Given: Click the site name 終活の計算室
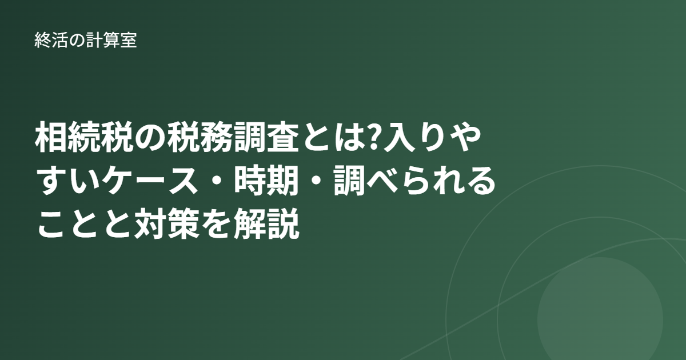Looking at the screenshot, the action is tap(85, 40).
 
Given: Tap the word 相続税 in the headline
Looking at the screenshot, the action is tap(85, 137).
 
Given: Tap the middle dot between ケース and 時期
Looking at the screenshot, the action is tap(217, 181).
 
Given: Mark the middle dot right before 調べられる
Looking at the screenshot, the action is tap(316, 181).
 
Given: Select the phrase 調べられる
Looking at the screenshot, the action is tap(414, 181).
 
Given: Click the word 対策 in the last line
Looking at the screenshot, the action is tap(167, 223).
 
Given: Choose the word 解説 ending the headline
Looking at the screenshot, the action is tap(266, 223).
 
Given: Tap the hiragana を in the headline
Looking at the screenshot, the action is tap(217, 224).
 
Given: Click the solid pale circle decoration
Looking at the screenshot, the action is tap(600, 309).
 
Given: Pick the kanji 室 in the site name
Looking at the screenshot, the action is tap(129, 40).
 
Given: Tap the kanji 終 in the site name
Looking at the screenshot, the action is tap(42, 40).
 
